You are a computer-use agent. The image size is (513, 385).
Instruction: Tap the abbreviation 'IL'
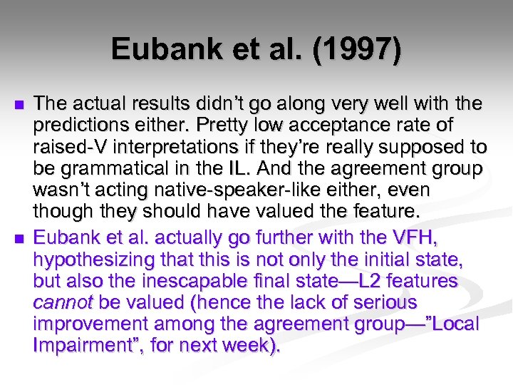[255, 170]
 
